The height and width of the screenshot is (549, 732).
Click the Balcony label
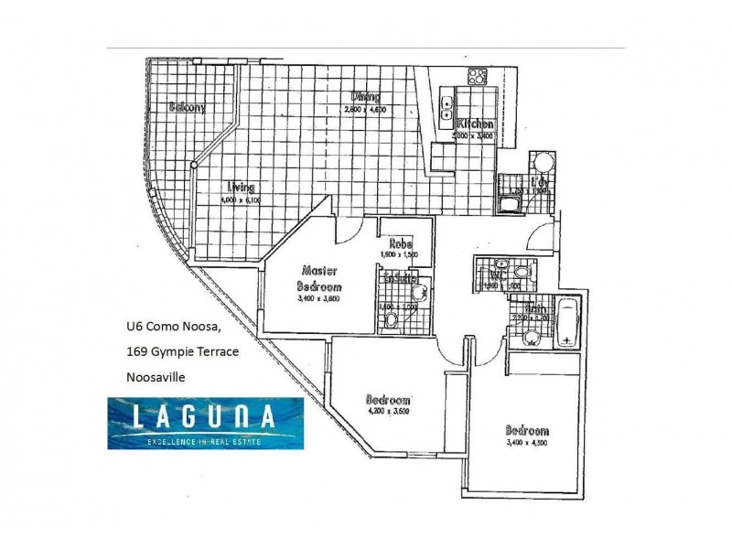point(186,106)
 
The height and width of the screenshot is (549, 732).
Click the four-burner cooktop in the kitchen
point(477,76)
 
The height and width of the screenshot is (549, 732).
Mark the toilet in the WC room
point(520,272)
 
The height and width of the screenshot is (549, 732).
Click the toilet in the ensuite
point(391,320)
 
